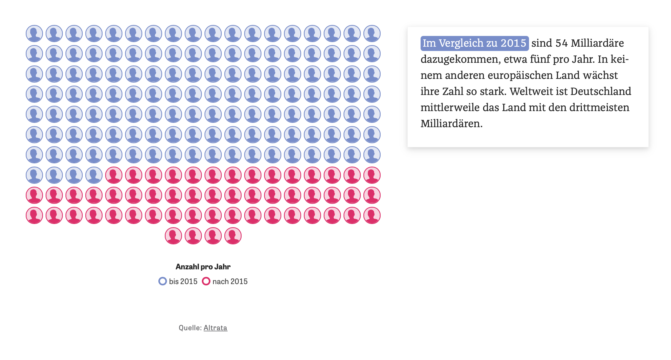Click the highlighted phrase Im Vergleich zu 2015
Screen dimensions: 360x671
474,43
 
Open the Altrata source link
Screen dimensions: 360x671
215,328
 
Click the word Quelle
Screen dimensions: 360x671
190,328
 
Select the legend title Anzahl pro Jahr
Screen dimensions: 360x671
203,267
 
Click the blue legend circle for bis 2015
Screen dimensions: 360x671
162,281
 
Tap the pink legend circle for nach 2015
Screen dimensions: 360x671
206,281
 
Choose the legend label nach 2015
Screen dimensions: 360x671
230,281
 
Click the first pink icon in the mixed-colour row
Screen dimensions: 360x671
114,175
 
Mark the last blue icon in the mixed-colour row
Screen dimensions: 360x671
94,175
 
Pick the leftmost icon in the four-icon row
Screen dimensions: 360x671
173,236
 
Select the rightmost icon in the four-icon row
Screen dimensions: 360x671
233,236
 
